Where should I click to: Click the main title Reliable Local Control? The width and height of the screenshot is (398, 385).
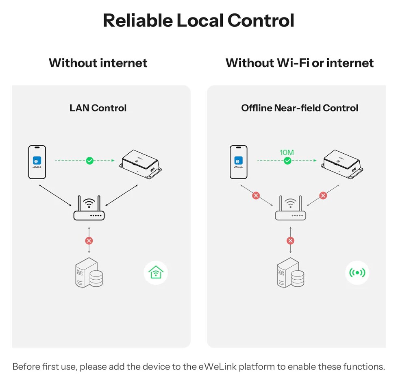(x=198, y=20)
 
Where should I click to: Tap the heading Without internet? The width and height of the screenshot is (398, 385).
(x=98, y=63)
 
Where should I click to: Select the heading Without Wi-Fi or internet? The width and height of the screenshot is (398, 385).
(x=300, y=63)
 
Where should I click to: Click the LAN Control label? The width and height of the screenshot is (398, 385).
(x=98, y=108)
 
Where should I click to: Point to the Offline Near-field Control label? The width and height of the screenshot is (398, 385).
(x=300, y=108)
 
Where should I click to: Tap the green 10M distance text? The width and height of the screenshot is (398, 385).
(x=287, y=152)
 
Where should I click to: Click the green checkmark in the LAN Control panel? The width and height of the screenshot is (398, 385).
(x=89, y=161)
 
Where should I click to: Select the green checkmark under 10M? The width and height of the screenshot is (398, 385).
(x=287, y=161)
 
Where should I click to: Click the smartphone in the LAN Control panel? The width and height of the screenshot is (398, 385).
(x=37, y=162)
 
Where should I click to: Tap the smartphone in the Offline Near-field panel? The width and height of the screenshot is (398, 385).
(x=238, y=162)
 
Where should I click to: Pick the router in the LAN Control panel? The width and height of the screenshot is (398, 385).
(x=89, y=208)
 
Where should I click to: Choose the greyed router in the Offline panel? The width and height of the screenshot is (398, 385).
(x=290, y=208)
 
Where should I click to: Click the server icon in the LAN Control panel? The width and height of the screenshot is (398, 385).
(x=89, y=272)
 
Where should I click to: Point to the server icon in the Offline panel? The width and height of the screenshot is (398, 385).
(x=290, y=272)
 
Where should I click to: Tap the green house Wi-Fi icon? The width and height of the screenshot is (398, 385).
(x=156, y=272)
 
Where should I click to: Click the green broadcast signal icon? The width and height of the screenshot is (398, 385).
(x=357, y=272)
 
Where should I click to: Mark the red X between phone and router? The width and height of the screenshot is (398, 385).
(x=256, y=196)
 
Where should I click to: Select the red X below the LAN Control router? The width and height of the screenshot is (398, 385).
(x=89, y=241)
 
